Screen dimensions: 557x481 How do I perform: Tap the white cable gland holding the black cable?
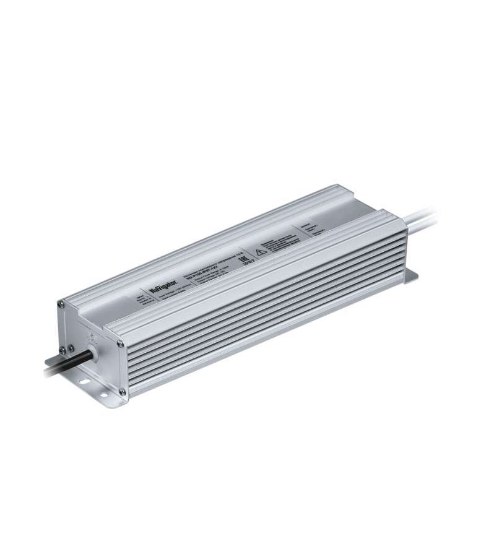click(x=93, y=355)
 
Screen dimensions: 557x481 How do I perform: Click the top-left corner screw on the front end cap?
click(x=61, y=304)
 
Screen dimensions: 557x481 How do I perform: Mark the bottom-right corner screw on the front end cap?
click(x=122, y=391)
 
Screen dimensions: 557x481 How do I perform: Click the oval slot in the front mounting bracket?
click(x=80, y=379)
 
